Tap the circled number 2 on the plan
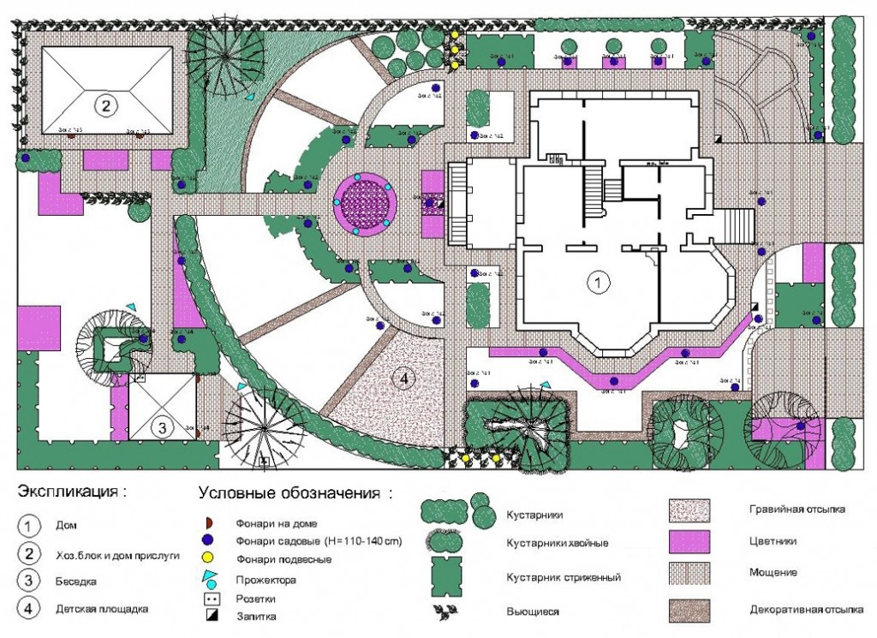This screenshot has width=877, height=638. click(x=105, y=106)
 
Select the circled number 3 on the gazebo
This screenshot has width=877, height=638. click(x=163, y=426)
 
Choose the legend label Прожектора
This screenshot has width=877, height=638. click(x=260, y=580)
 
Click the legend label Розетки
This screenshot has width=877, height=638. click(x=254, y=598)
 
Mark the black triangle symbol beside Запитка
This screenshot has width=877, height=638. click(x=211, y=614)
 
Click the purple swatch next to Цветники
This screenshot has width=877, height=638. click(x=689, y=542)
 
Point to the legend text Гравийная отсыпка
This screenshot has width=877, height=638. click(x=796, y=509)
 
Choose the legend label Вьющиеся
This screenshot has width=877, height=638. click(x=533, y=611)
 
